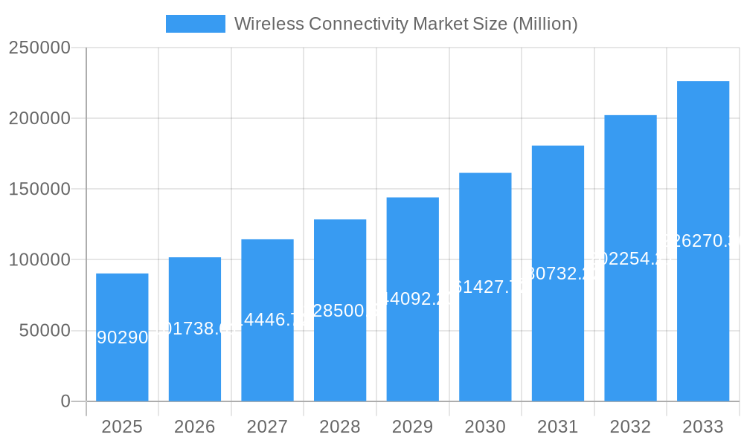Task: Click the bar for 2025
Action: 122,337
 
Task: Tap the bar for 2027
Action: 267,320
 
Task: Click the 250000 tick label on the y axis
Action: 39,48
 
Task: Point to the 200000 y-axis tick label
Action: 39,119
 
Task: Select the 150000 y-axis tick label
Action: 39,190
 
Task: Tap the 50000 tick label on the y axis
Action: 45,331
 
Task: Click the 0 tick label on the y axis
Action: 65,401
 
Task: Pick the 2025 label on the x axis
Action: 122,427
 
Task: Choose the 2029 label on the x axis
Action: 412,427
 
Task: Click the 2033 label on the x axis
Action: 703,427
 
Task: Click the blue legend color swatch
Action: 195,24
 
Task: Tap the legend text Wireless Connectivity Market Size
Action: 405,24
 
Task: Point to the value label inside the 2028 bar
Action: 340,311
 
